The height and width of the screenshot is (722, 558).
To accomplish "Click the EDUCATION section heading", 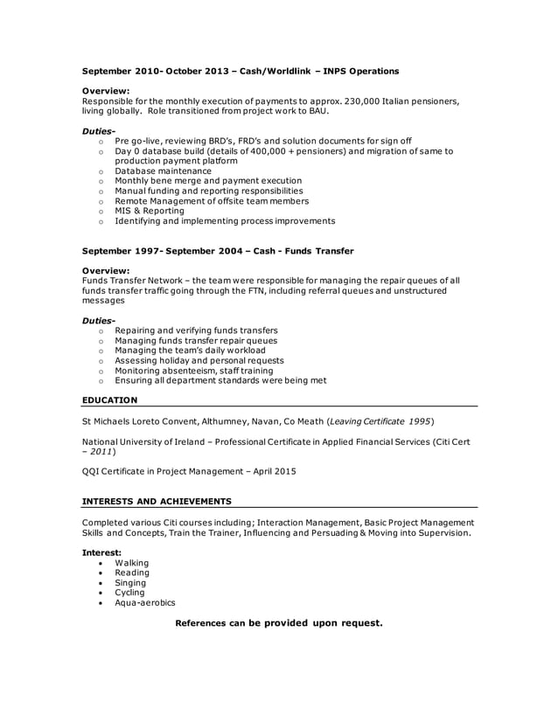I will pos(109,400).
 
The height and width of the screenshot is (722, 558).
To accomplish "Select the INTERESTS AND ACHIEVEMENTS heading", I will pos(157,502).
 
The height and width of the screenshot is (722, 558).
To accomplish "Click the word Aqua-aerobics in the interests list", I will pos(144,602).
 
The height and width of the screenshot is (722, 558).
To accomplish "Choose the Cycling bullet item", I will pos(130,593).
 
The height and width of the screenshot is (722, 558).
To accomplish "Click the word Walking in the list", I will pos(132,563).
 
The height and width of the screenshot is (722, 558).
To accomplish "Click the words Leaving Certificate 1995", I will pos(380,421).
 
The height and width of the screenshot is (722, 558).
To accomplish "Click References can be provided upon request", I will pos(279,623).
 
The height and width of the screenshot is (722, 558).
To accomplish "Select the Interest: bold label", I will pos(102,552).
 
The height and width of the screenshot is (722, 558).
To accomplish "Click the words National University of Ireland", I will pos(147,442).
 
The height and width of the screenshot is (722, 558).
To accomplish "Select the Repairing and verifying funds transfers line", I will pos(196,330).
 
